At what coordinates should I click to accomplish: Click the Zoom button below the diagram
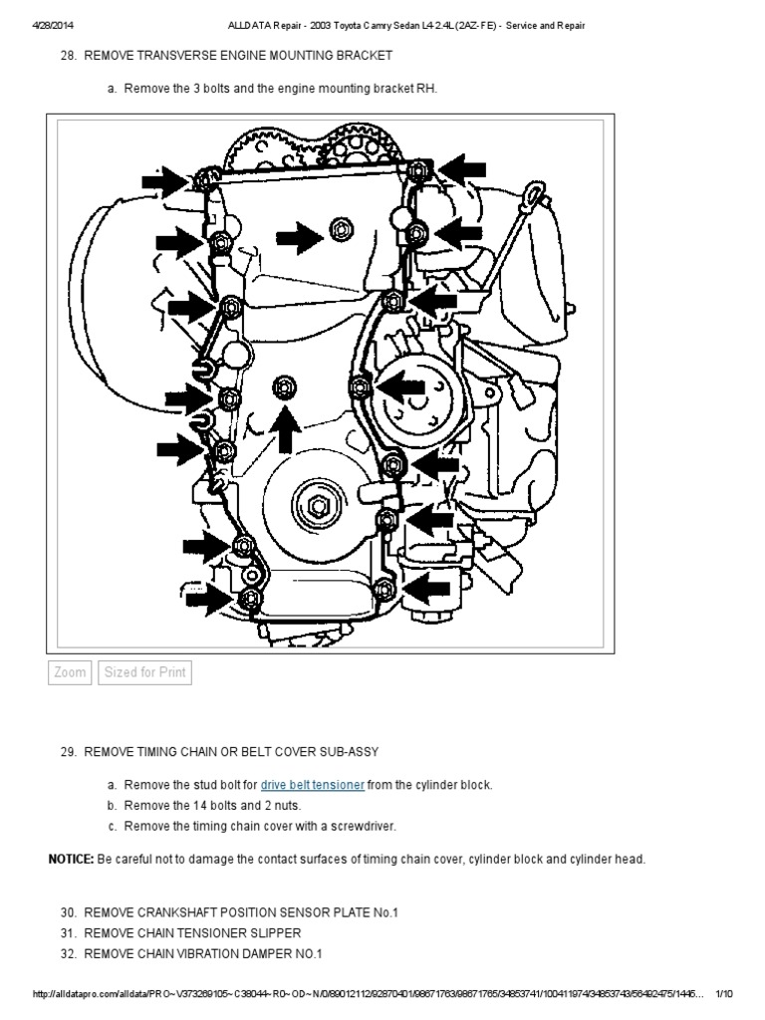[70, 672]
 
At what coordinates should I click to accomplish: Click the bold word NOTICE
[71, 859]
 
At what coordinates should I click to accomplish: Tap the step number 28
[70, 55]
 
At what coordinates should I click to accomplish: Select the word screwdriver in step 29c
[365, 825]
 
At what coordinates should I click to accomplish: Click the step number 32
[69, 953]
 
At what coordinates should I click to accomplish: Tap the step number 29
[69, 750]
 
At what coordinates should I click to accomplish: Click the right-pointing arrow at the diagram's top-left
[163, 179]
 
